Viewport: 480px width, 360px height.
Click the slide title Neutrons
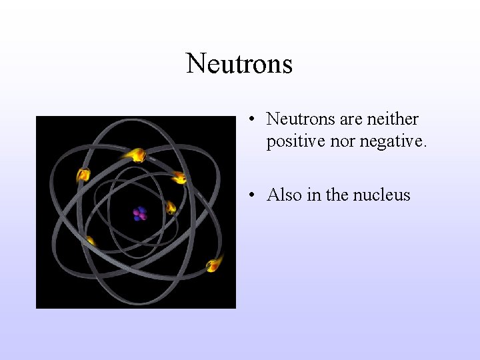point(239,64)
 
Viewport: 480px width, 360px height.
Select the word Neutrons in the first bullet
point(301,119)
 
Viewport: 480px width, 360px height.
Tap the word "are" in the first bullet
point(351,119)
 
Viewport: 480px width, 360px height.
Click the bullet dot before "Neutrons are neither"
point(251,120)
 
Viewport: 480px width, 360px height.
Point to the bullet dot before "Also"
point(251,195)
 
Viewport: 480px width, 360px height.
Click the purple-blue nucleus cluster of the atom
point(139,214)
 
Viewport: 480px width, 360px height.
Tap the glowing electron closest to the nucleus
point(171,208)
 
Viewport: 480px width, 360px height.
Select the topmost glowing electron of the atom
point(136,155)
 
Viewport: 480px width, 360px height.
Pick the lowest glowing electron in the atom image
point(213,265)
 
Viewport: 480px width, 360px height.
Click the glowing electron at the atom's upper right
point(179,177)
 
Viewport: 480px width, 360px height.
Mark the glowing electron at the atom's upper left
point(83,175)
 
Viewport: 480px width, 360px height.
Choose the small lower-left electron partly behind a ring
point(90,241)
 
